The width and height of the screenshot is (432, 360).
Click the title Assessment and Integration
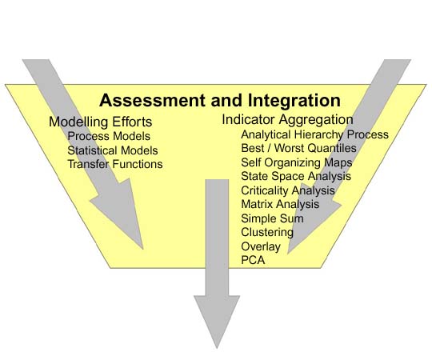[x=220, y=100]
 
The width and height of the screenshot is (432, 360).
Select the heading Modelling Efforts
[x=100, y=122]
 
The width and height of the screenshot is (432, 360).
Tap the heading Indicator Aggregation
[x=287, y=120]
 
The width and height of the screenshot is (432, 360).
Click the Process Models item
[x=109, y=136]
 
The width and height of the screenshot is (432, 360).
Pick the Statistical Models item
[x=113, y=150]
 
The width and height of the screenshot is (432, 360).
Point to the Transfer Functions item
[x=115, y=164]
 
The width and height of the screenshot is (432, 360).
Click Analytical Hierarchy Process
[x=314, y=134]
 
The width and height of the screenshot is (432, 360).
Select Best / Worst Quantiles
[x=298, y=148]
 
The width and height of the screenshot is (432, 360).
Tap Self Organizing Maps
[x=297, y=162]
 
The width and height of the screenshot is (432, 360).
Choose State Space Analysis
[x=296, y=176]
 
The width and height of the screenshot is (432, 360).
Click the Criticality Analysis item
[x=288, y=190]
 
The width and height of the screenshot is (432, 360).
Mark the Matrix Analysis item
[x=280, y=204]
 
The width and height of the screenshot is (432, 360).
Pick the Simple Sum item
[x=272, y=218]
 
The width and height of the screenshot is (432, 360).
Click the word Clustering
[x=267, y=232]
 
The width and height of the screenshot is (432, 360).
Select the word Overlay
[x=261, y=246]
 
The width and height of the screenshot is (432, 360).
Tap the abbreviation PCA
[x=253, y=260]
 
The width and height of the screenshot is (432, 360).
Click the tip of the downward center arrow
[x=217, y=349]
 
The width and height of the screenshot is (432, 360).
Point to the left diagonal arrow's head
[x=122, y=212]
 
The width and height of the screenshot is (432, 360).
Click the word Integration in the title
[x=294, y=100]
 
